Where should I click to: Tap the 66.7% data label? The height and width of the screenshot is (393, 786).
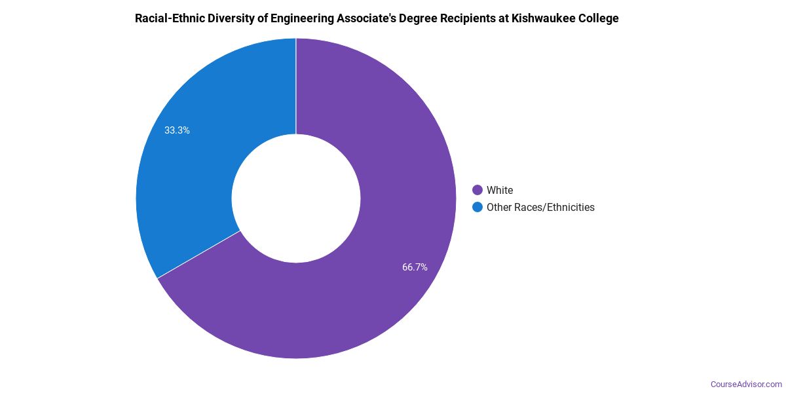point(415,267)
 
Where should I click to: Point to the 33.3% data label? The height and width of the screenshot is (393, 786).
point(177,130)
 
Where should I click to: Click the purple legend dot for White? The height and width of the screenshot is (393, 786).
point(477,191)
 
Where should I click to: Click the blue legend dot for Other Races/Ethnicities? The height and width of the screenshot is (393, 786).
point(477,208)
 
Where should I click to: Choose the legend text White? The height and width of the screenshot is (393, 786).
point(500,191)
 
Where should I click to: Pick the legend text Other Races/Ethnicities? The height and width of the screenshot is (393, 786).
point(540,208)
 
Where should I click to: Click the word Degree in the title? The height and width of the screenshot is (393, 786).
point(427,18)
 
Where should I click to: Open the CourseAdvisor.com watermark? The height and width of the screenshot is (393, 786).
point(746,384)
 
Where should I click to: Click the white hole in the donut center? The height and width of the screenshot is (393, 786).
point(296,198)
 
